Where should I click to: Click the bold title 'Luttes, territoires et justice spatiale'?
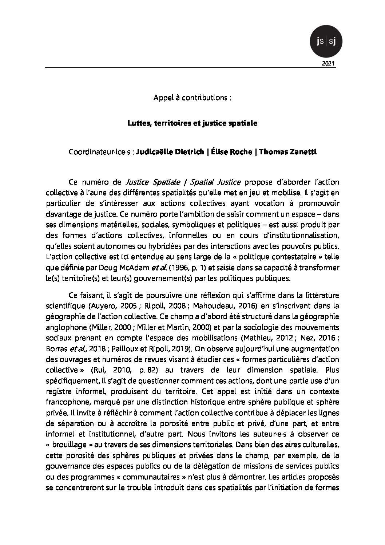(192, 123)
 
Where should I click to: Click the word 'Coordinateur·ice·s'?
(101, 152)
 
